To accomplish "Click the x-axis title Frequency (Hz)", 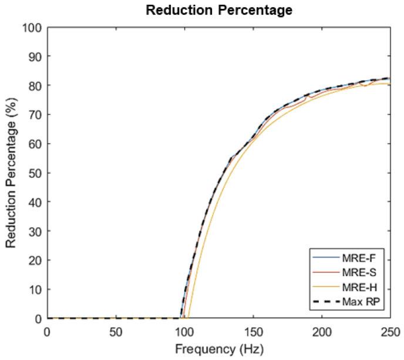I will [x=218, y=348].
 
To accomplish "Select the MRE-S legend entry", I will [x=361, y=272].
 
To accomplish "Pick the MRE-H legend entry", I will [x=361, y=286].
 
